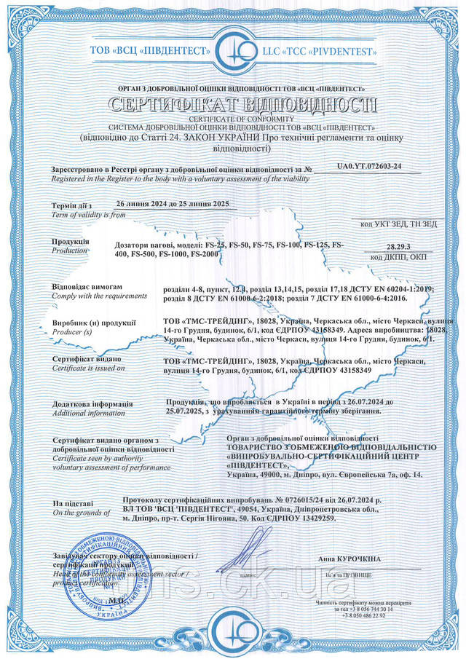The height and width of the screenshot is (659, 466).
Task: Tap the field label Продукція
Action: click(x=71, y=241)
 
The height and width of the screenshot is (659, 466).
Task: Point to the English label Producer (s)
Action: click(x=76, y=331)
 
